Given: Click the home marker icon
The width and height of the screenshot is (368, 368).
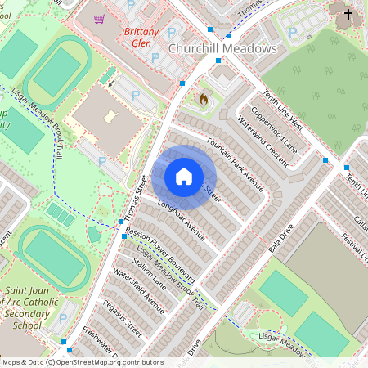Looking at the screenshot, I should click(184, 177).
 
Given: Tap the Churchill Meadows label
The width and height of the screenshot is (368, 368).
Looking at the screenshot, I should click(222, 49).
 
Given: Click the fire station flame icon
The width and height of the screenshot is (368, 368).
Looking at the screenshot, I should click(203, 100).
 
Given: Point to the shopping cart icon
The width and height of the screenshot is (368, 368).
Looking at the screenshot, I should click(100, 18).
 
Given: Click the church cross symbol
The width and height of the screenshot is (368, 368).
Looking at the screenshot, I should click(348, 15).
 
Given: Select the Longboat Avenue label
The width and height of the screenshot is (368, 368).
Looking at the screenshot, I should click(180, 214).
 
